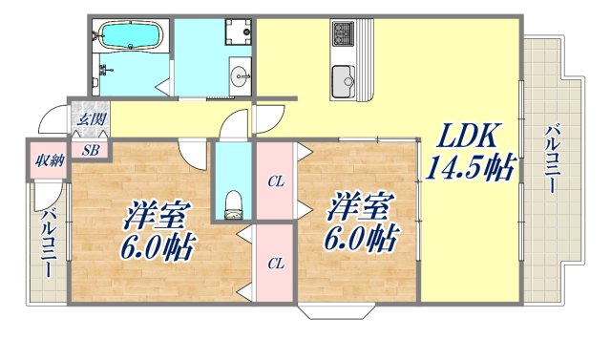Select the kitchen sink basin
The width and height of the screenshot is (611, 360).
(x=342, y=78)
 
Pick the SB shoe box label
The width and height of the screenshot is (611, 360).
(x=92, y=149)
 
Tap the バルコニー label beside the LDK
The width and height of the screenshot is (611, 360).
(x=553, y=159)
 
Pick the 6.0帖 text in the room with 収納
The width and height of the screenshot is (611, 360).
(x=157, y=248)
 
